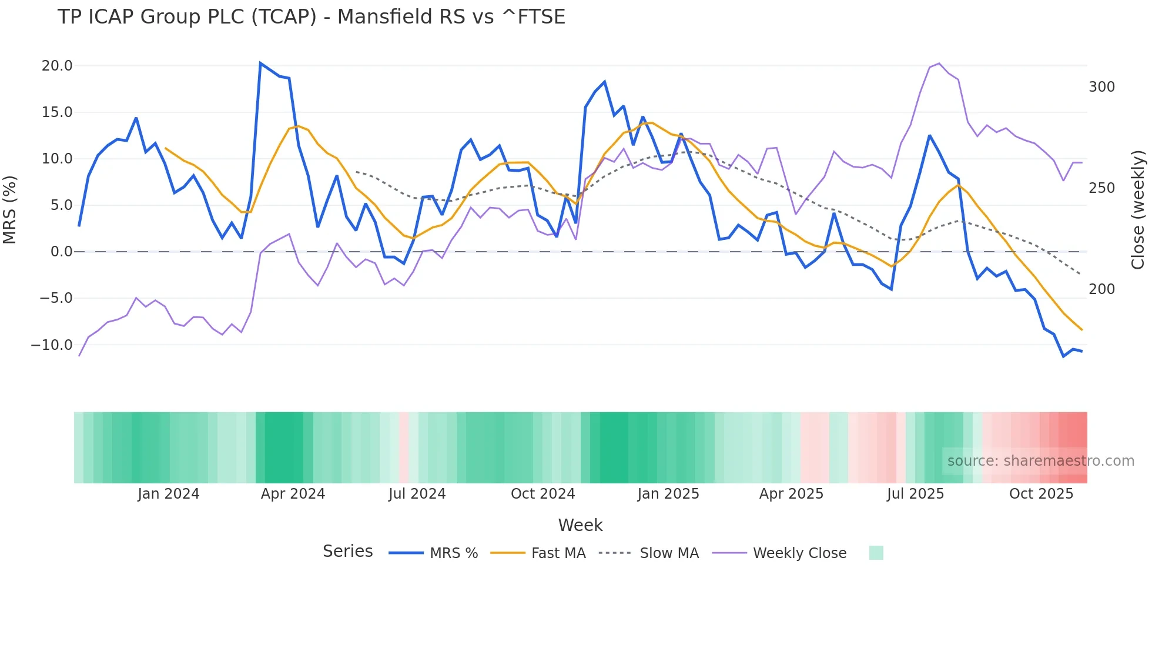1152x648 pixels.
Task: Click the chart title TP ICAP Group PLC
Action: [311, 17]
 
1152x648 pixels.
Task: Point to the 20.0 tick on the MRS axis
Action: [57, 66]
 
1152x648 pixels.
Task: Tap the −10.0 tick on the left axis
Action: [52, 345]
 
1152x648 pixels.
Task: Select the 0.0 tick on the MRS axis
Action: [61, 252]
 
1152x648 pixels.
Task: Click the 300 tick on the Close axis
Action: [1101, 87]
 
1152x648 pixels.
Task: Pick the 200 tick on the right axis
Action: [1101, 289]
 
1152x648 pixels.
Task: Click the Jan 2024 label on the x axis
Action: [169, 494]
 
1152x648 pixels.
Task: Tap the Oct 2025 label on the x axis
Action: [1041, 494]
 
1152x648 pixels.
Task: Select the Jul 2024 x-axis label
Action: [417, 494]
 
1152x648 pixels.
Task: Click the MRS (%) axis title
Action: [10, 210]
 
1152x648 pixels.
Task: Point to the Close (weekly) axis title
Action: [1138, 210]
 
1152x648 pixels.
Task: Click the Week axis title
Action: [580, 525]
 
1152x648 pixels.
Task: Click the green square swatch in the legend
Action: [876, 553]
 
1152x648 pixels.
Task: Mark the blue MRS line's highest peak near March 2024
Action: [260, 63]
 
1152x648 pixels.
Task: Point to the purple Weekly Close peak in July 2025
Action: [939, 64]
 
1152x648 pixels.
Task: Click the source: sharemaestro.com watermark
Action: [1040, 461]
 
